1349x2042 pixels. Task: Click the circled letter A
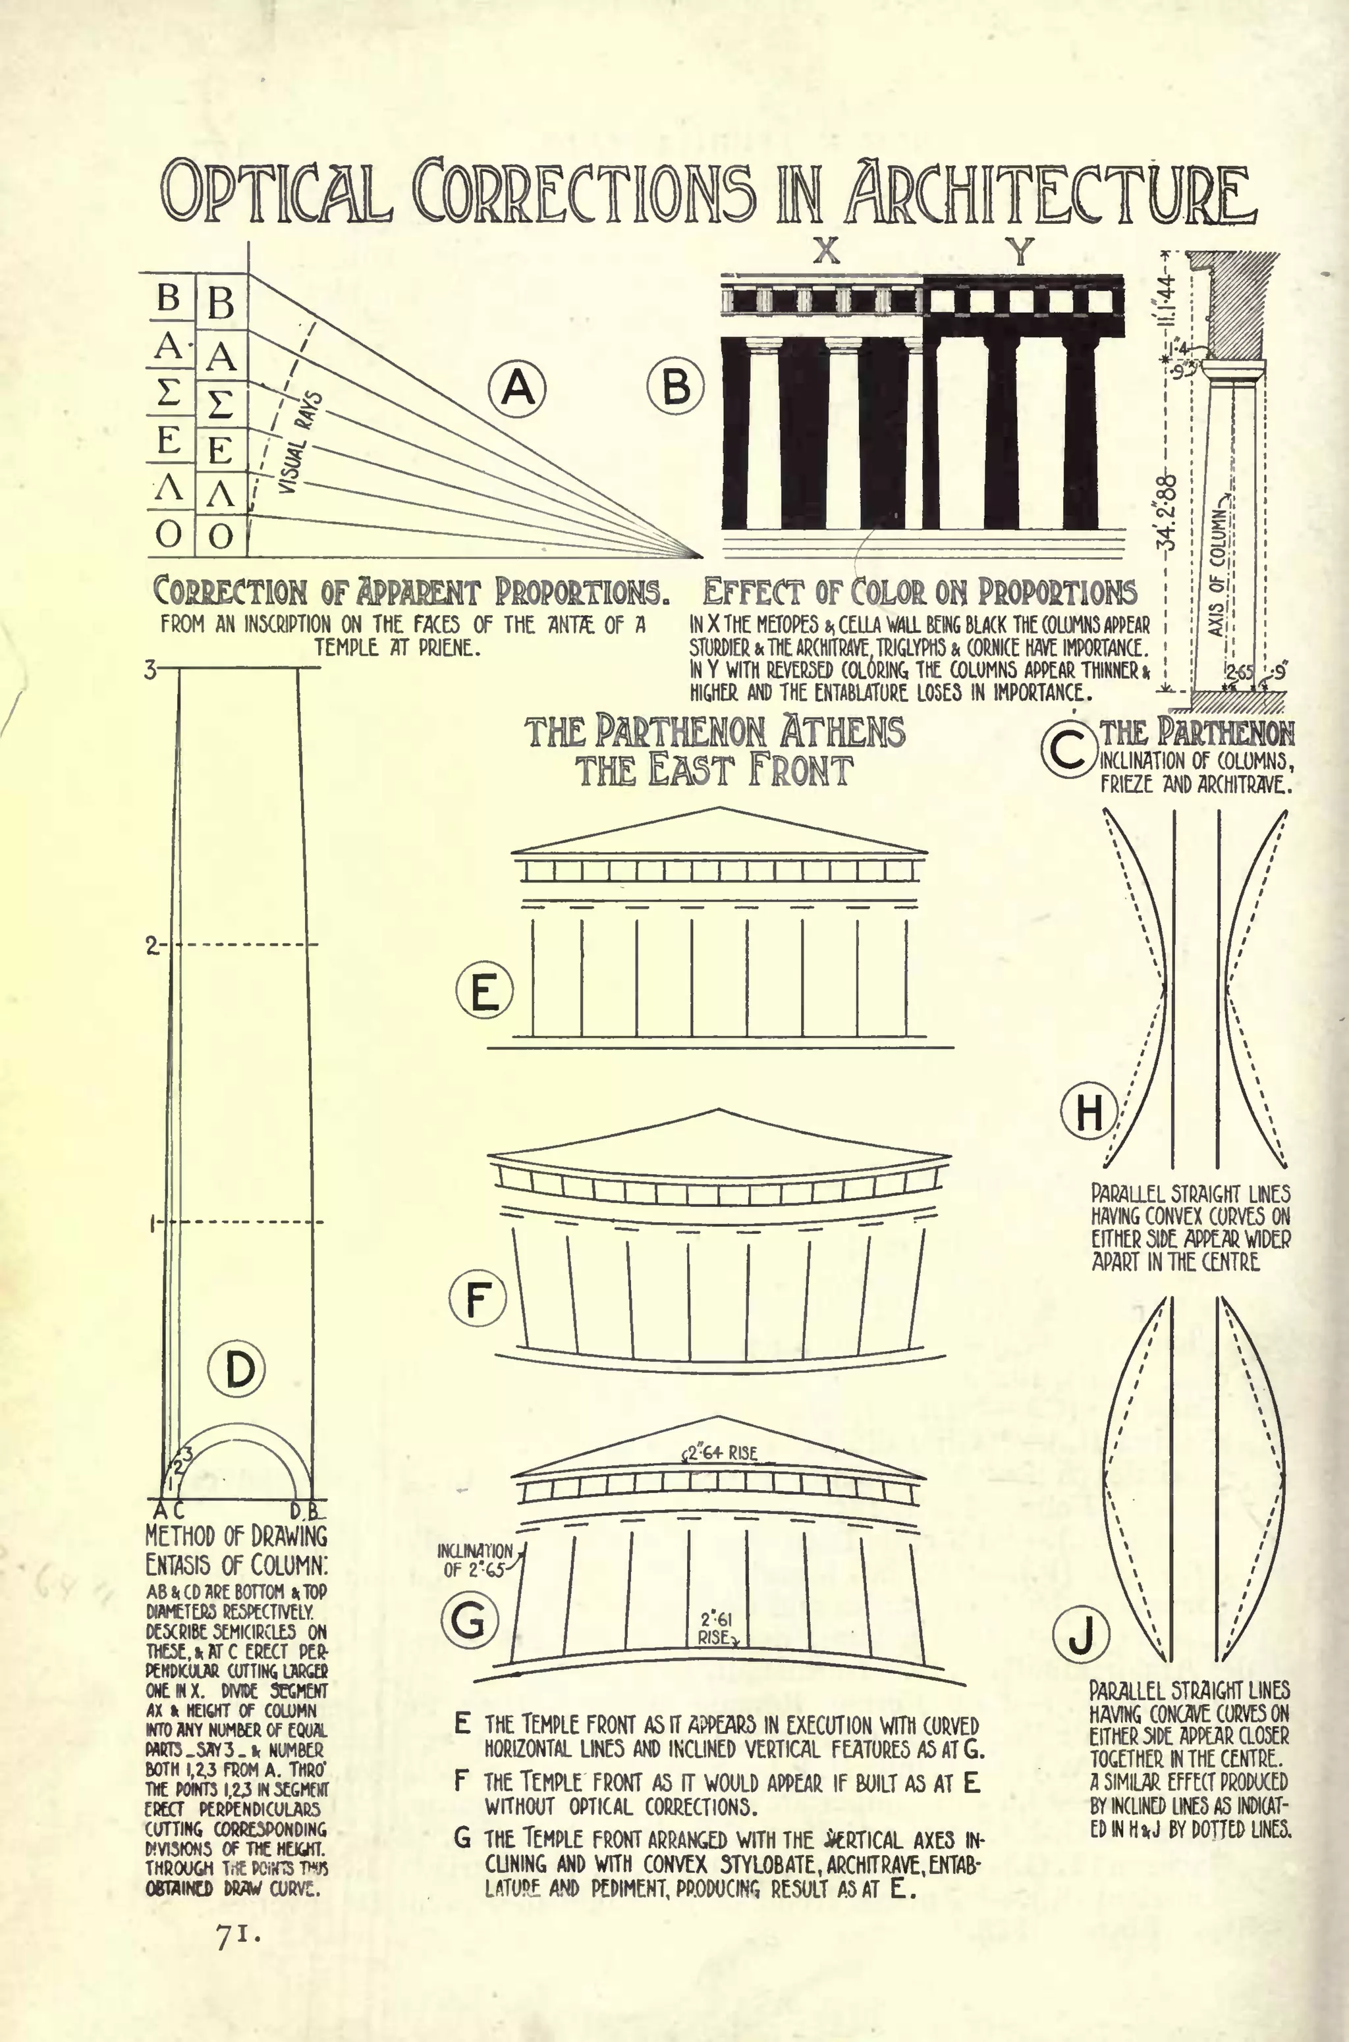(518, 388)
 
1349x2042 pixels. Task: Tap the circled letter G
(470, 1621)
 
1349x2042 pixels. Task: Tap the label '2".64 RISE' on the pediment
(721, 1453)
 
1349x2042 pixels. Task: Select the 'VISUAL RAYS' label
(301, 443)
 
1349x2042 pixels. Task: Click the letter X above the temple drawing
(826, 251)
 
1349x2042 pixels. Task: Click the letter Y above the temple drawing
(1020, 251)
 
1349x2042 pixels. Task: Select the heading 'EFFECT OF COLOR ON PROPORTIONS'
(919, 592)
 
